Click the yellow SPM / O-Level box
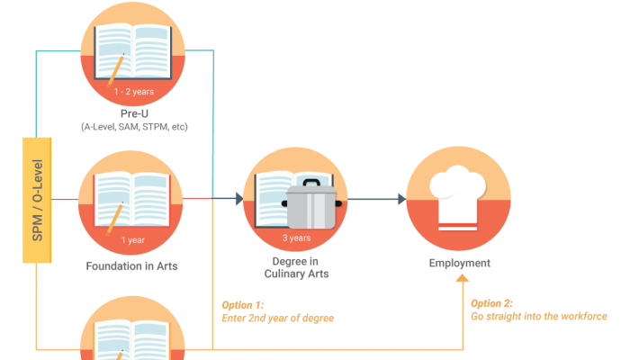pyautogui.click(x=37, y=201)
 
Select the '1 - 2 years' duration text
pyautogui.click(x=134, y=92)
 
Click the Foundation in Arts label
pyautogui.click(x=133, y=266)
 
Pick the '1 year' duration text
pyautogui.click(x=134, y=240)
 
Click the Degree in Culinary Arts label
pyautogui.click(x=296, y=267)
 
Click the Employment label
pyautogui.click(x=459, y=263)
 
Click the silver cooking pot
pyautogui.click(x=310, y=206)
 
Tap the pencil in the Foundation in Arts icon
pyautogui.click(x=115, y=216)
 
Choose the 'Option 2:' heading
pyautogui.click(x=492, y=303)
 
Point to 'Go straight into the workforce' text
pyautogui.click(x=538, y=317)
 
